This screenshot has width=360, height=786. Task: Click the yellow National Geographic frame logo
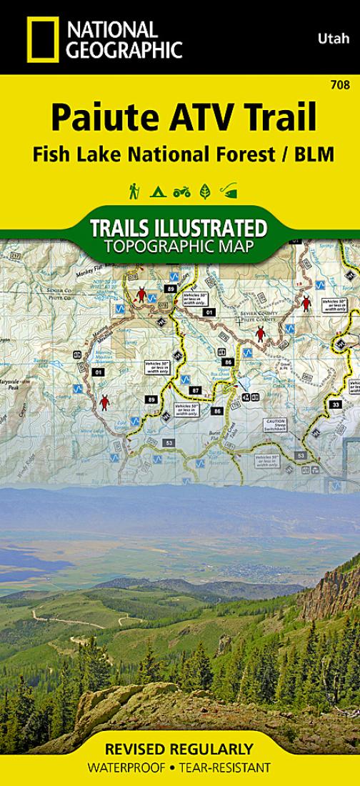click(x=42, y=40)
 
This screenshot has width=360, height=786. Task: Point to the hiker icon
click(x=134, y=191)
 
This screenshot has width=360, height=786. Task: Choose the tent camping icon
click(x=156, y=191)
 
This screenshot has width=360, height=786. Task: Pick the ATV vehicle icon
click(x=181, y=191)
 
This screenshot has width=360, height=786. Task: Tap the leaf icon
click(x=204, y=191)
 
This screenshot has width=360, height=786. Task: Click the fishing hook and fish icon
click(x=229, y=191)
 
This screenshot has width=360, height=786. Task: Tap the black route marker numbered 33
click(x=336, y=404)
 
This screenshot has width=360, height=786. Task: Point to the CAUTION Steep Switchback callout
click(x=275, y=425)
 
